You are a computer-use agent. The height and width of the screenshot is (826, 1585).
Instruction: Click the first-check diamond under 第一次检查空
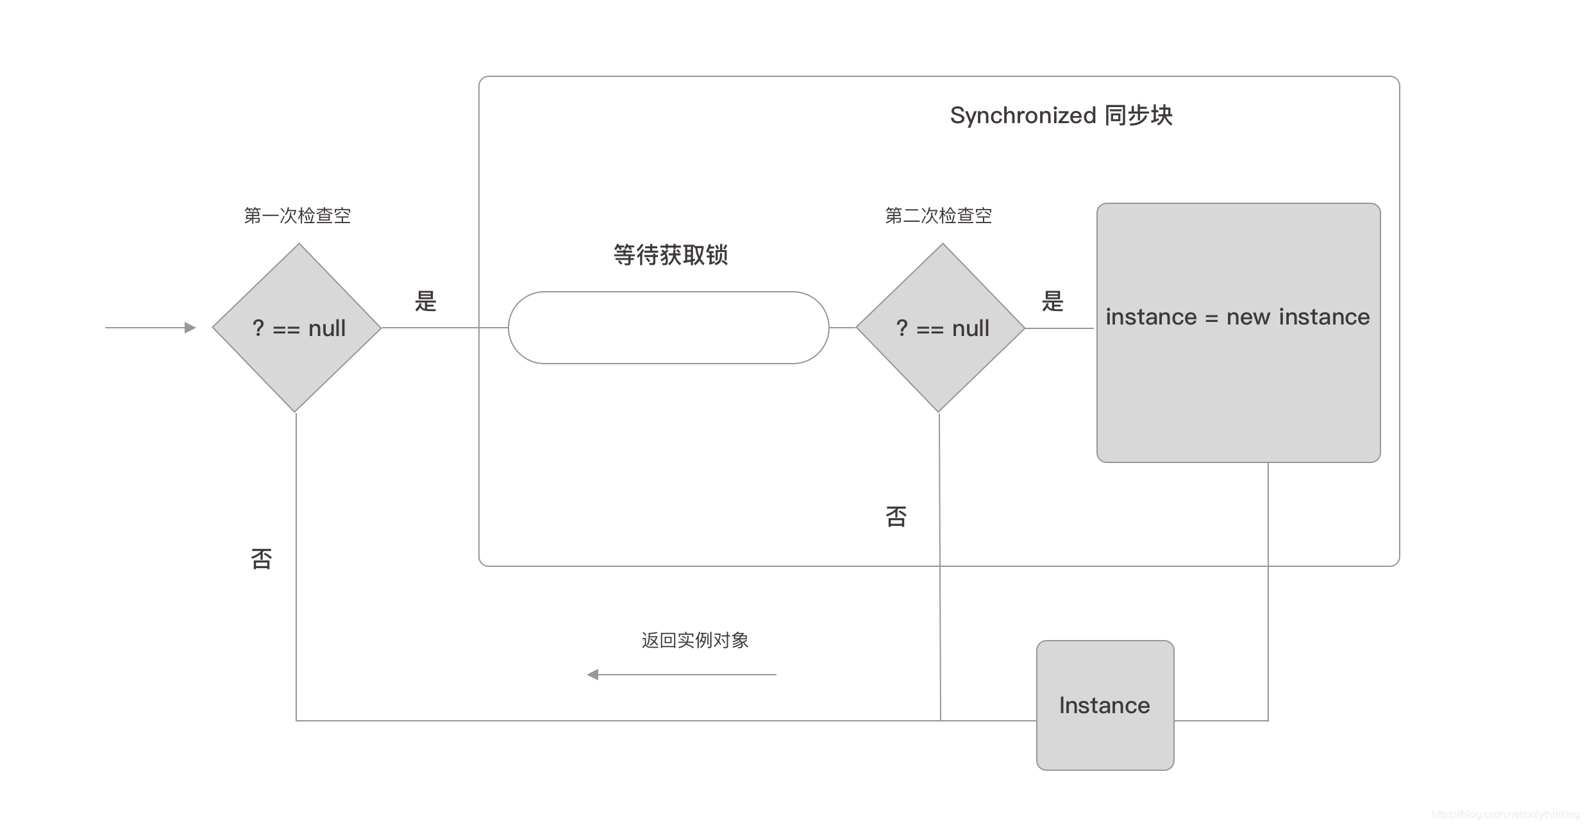click(x=297, y=328)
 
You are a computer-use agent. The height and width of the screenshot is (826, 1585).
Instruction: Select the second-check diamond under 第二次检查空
click(x=941, y=328)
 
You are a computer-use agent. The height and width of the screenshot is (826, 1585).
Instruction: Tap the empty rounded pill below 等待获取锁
click(x=668, y=328)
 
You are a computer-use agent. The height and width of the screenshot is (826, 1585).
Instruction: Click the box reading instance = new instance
click(x=1238, y=333)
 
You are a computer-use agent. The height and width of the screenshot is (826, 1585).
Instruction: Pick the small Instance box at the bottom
click(x=1105, y=705)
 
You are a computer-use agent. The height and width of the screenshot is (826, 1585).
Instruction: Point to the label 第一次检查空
click(x=298, y=215)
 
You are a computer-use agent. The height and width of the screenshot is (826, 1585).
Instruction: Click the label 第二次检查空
click(x=939, y=215)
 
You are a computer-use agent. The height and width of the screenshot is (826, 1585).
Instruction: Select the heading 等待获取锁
click(x=671, y=255)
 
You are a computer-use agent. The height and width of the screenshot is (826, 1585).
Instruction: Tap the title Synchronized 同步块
click(x=1061, y=115)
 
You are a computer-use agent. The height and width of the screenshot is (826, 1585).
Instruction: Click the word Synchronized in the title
click(x=1023, y=115)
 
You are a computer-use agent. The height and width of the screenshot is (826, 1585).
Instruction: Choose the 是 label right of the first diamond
click(x=426, y=301)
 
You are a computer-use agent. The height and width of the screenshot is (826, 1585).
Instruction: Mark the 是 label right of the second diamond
click(x=1053, y=301)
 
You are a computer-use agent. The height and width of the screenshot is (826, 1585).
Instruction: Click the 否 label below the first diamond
click(x=262, y=559)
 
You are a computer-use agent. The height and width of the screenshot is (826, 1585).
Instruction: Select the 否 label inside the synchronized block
click(x=896, y=516)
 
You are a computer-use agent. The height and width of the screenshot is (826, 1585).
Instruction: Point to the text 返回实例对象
click(x=695, y=640)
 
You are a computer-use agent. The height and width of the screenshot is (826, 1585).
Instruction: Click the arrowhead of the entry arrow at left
click(x=190, y=328)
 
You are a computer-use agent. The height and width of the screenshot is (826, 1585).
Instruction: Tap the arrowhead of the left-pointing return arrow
click(x=593, y=675)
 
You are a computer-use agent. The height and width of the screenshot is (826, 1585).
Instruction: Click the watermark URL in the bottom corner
click(x=1505, y=814)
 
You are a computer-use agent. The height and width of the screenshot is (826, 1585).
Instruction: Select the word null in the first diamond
click(x=327, y=328)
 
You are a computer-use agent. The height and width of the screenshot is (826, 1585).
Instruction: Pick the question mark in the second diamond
click(x=902, y=328)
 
